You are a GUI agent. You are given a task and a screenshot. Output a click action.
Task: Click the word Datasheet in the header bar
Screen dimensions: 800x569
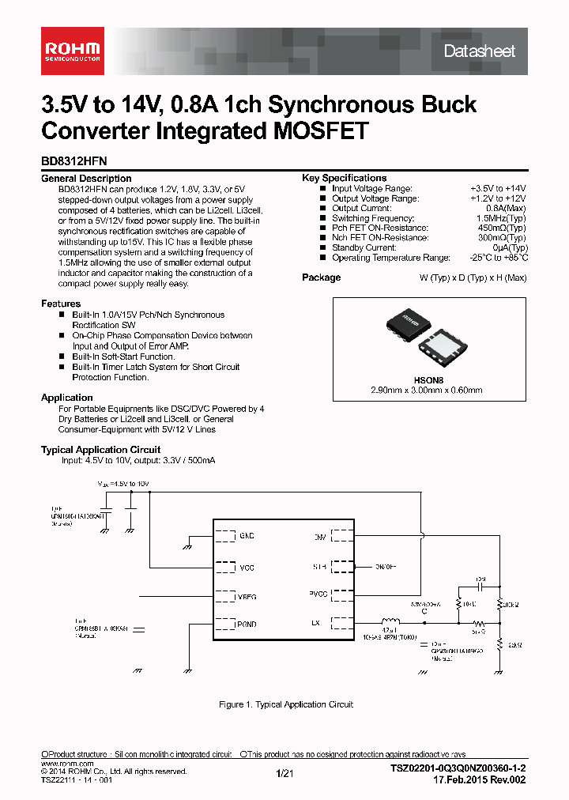(x=479, y=51)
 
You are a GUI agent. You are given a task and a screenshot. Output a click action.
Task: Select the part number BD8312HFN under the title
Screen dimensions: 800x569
(x=74, y=160)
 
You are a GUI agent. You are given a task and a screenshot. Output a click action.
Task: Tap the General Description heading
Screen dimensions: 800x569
(x=86, y=179)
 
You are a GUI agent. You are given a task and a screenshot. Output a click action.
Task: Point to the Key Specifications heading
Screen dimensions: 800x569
(x=344, y=179)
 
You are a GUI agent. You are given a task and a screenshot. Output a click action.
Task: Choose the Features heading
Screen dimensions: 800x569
(x=61, y=304)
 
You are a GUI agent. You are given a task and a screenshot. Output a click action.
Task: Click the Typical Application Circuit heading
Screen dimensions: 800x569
(x=100, y=450)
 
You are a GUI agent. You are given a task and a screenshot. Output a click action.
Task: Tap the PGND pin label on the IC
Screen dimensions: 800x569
(x=247, y=624)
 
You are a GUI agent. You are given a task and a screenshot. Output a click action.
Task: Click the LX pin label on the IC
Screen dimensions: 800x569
(x=316, y=624)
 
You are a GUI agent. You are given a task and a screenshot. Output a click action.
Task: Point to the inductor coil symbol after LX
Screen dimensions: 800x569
(x=390, y=621)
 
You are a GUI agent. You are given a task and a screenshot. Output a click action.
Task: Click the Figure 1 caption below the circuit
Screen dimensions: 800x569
(x=285, y=704)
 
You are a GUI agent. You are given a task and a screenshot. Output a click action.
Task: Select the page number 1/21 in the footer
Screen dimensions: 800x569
(x=284, y=774)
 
